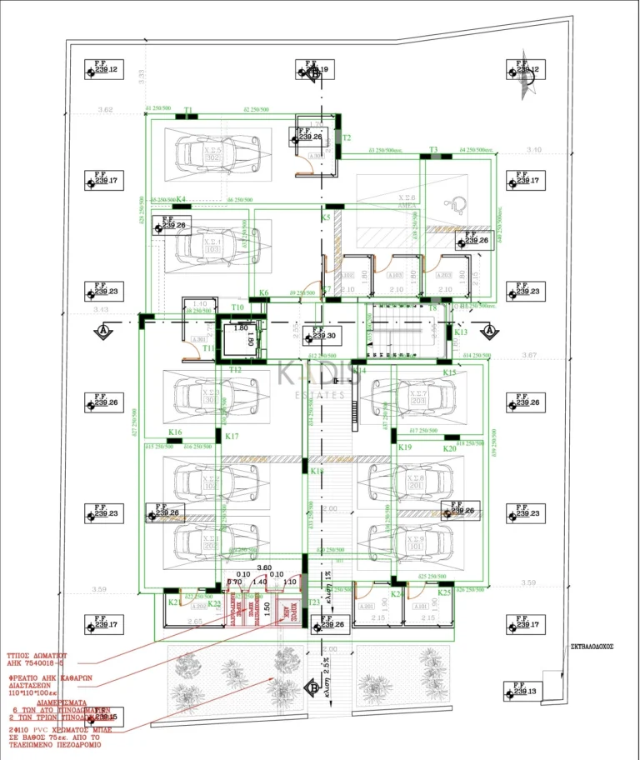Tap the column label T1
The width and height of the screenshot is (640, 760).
[x=188, y=110]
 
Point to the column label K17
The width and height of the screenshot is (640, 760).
[x=232, y=437]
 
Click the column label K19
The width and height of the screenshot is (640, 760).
[x=405, y=447]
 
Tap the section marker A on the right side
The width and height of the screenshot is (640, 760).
[x=489, y=330]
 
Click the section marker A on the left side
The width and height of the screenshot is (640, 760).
[x=102, y=330]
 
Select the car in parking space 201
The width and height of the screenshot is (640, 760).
[x=410, y=482]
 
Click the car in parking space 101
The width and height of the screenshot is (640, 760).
[x=410, y=542]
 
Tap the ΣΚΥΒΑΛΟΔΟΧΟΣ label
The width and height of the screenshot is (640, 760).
[x=592, y=646]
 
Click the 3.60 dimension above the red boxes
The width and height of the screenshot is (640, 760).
[x=264, y=567]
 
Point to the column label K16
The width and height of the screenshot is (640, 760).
[x=175, y=432]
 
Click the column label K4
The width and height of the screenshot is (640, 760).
[x=182, y=199]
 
